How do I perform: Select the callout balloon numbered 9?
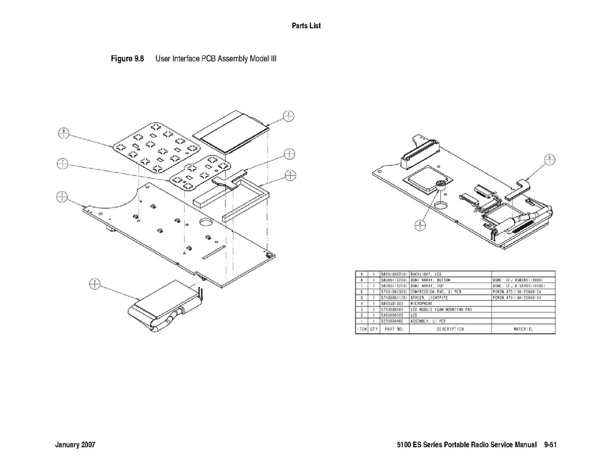pyautogui.click(x=94, y=284)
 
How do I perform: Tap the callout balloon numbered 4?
pyautogui.click(x=419, y=225)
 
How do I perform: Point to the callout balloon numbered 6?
pyautogui.click(x=550, y=159)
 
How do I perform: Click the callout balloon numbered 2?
pyautogui.click(x=289, y=117)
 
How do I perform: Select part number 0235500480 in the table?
pyautogui.click(x=392, y=321)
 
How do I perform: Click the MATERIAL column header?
pyautogui.click(x=523, y=329)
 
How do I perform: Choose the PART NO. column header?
pyautogui.click(x=393, y=329)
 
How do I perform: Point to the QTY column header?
pyautogui.click(x=373, y=329)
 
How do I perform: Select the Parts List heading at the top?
pyautogui.click(x=306, y=26)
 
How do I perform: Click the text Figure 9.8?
pyautogui.click(x=127, y=58)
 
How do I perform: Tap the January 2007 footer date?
pyautogui.click(x=75, y=445)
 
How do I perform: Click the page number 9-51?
pyautogui.click(x=550, y=445)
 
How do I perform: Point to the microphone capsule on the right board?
pyautogui.click(x=440, y=185)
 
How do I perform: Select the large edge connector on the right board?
pyautogui.click(x=419, y=153)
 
